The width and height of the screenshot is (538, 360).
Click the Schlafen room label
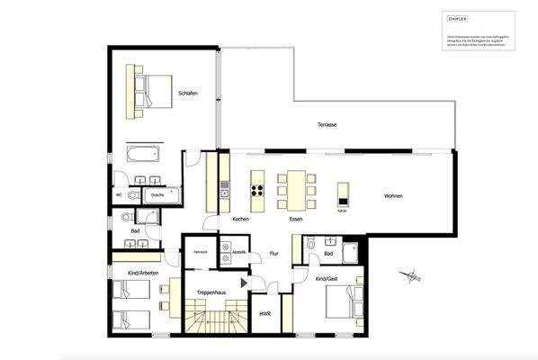pos(188,94)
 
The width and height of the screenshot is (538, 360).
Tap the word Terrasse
pos(327,125)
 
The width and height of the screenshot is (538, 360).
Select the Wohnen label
pos(393,196)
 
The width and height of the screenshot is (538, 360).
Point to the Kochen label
pos(240,220)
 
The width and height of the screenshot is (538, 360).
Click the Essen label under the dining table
pos(295,220)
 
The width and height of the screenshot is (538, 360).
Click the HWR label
pos(265,314)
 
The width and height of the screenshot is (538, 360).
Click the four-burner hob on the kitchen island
pos(256,189)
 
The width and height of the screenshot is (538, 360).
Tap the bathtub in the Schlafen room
pos(145,153)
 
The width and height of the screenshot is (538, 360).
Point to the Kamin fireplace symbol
pos(343,194)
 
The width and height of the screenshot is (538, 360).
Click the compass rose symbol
pos(411,275)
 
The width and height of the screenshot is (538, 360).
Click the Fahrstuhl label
pos(201,253)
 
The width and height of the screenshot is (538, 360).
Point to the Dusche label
pos(157,194)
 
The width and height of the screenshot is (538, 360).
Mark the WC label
pos(119,194)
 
